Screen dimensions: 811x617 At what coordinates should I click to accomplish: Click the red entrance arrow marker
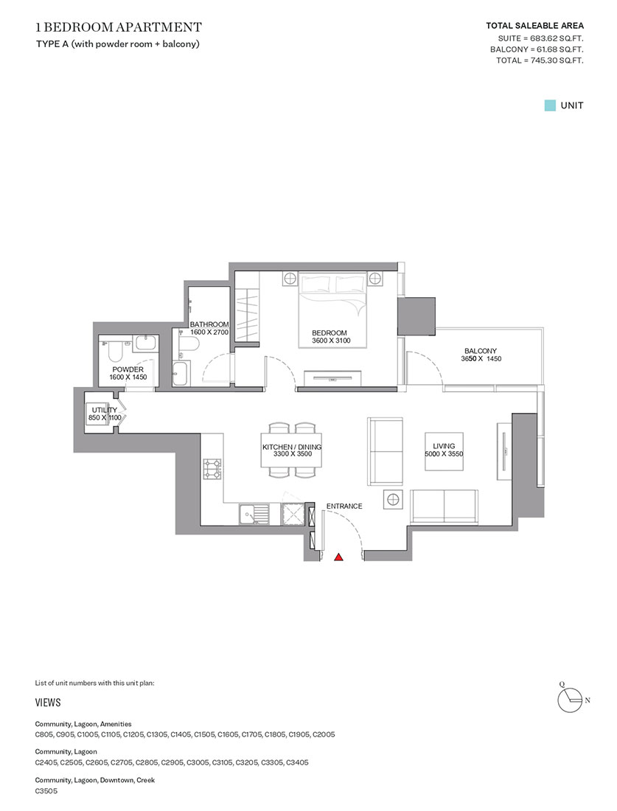(339, 557)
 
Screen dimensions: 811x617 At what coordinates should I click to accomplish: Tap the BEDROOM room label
(325, 333)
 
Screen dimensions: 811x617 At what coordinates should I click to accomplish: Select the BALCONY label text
(480, 351)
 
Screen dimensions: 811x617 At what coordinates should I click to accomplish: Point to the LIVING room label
(444, 446)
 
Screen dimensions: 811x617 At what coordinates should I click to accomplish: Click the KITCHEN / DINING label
(292, 448)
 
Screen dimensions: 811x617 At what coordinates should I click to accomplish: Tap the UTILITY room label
(104, 410)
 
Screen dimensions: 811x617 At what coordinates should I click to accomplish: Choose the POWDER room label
(128, 369)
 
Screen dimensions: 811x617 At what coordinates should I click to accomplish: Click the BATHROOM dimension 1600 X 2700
(209, 333)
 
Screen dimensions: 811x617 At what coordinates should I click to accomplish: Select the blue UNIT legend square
(549, 105)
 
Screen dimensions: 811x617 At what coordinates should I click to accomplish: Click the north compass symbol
(569, 697)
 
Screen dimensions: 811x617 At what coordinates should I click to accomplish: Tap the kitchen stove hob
(213, 468)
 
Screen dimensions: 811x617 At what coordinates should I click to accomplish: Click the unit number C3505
(46, 791)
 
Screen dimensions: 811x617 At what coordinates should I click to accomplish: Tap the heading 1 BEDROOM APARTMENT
(118, 28)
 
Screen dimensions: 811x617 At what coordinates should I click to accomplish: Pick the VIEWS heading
(48, 703)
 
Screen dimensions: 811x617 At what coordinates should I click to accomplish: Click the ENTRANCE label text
(344, 507)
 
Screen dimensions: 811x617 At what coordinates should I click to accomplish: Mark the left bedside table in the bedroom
(290, 279)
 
